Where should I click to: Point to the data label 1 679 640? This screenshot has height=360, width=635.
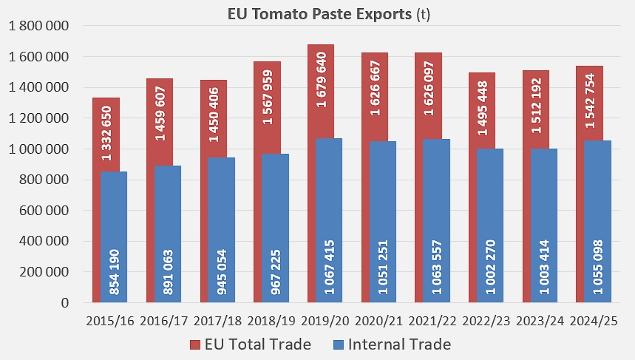(322, 78)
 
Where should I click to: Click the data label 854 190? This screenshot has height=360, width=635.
(114, 272)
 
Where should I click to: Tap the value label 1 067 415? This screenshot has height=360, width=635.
(328, 266)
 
